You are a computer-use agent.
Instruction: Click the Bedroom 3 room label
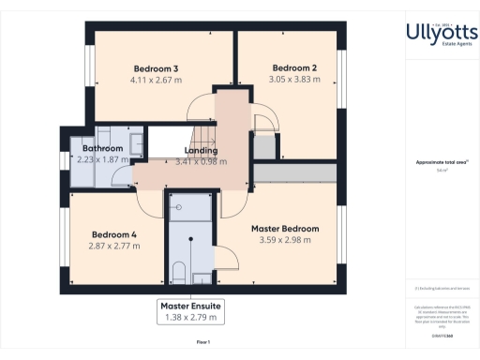pos(156,68)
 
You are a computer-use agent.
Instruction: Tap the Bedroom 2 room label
pos(294,68)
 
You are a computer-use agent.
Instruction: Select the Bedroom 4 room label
pos(114,234)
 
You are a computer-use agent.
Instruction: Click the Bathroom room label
pos(102,148)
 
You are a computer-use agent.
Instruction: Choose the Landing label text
pos(202,150)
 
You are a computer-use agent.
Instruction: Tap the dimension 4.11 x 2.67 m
pos(156,80)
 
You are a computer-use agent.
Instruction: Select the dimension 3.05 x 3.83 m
pos(294,80)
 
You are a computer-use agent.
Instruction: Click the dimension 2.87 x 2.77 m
pos(114,246)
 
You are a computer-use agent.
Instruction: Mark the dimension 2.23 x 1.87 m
pos(102,159)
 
